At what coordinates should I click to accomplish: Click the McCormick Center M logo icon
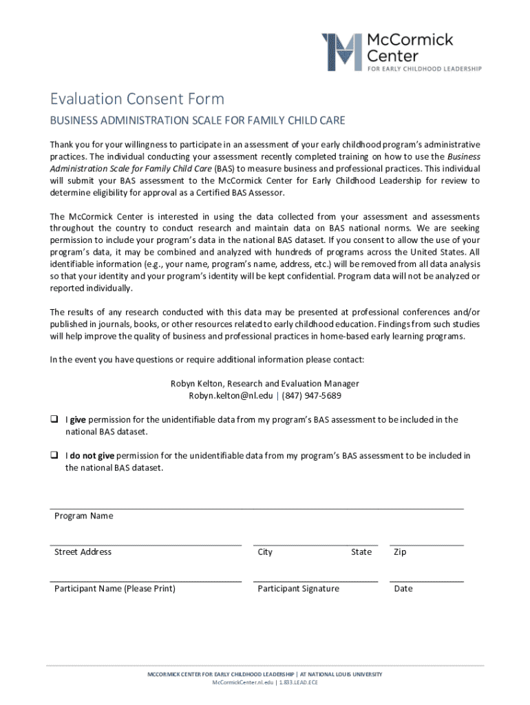point(342,51)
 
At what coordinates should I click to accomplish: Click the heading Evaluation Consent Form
point(136,99)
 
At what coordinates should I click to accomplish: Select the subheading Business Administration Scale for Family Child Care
point(197,121)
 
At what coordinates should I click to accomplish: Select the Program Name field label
point(83,516)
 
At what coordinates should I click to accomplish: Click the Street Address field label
point(83,551)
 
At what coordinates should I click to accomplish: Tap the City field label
point(265,551)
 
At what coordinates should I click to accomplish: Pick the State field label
point(361,551)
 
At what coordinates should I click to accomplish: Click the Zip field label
point(400,551)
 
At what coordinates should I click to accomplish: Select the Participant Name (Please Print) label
point(114,589)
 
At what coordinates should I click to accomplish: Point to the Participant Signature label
point(298,589)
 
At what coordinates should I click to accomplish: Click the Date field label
point(403,589)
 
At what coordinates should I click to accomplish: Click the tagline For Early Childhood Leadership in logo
point(424,68)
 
